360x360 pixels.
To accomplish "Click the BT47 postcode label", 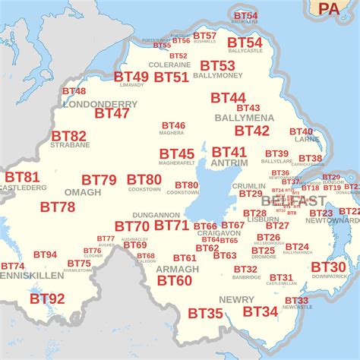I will (x=112, y=113).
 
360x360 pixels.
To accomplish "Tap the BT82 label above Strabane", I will (x=68, y=136).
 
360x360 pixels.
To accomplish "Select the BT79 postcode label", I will (x=99, y=180).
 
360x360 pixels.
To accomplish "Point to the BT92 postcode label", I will (x=47, y=298).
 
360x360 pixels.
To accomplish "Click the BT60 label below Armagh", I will (x=175, y=280).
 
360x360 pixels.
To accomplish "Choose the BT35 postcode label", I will (x=205, y=313).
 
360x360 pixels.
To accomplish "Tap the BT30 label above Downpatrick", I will (x=328, y=267).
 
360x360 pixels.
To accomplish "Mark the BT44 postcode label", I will (x=228, y=98).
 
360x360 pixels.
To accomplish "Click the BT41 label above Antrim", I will (x=229, y=152).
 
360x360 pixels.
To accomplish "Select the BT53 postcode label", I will (x=217, y=66).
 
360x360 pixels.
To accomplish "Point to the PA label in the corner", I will (x=329, y=8).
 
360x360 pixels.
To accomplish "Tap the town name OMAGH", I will (x=82, y=192).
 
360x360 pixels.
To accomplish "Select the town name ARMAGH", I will (x=177, y=269).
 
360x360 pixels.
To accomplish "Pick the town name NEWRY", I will (x=236, y=299).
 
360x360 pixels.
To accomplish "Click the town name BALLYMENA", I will (x=244, y=118).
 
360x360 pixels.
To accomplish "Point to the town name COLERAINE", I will (x=169, y=65).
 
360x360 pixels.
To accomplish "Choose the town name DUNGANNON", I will (x=155, y=216).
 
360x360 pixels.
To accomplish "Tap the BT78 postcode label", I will (x=58, y=207).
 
